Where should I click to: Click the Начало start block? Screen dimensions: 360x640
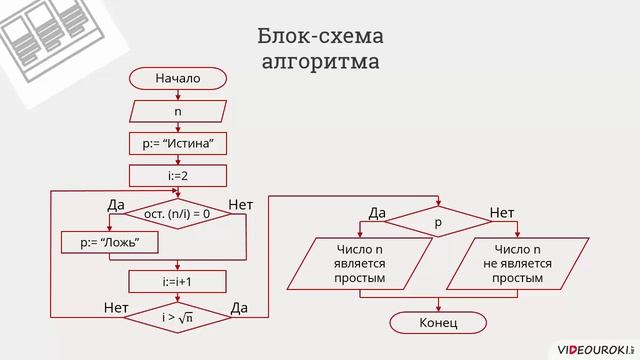[178, 79]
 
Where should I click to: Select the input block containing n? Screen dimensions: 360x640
[178, 112]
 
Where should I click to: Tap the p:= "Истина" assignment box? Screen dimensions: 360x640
[178, 145]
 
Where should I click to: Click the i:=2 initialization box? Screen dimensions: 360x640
[178, 177]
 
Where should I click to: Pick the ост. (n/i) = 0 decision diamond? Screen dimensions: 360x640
[177, 214]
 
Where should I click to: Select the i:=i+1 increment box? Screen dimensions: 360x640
[178, 282]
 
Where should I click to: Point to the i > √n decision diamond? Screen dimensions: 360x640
[177, 317]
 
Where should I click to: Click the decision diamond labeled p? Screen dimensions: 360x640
[437, 222]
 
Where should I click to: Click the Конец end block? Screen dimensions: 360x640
[437, 323]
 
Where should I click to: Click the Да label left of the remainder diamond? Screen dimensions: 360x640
[116, 205]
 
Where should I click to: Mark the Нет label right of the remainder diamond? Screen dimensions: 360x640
[241, 205]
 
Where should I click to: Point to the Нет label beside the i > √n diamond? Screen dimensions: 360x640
[116, 307]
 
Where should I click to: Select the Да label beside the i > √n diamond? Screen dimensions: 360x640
[239, 307]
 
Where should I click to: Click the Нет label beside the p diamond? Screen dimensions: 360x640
[501, 213]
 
